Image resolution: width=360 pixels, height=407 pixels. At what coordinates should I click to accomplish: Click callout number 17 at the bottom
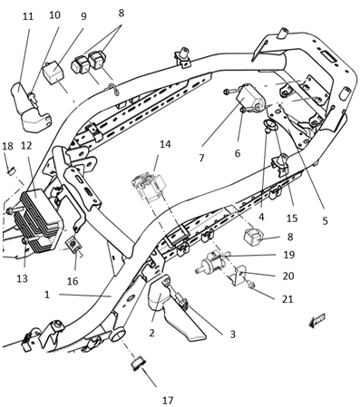coord(168,401)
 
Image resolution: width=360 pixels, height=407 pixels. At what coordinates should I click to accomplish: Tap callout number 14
coord(165,144)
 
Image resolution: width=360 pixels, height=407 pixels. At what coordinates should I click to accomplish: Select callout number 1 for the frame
coord(47,295)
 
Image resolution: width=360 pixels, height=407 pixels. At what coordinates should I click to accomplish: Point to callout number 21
coord(287,299)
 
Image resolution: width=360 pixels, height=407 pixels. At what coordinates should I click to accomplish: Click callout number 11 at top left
coord(28,16)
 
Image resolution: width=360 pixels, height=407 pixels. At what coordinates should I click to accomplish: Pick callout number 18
coord(8,146)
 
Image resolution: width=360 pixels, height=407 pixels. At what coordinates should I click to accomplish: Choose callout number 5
coord(325,221)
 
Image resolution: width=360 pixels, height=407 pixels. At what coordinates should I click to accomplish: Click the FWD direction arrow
coord(316,320)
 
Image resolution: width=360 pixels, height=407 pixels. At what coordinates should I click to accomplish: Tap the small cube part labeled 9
coord(54,73)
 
